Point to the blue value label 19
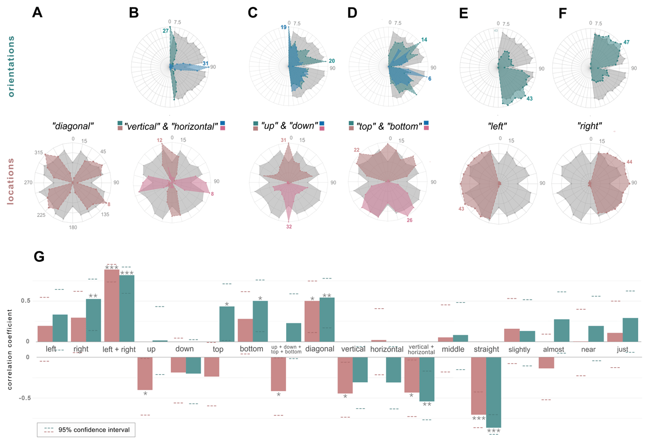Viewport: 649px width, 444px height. click(283, 27)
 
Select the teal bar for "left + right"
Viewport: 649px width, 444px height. click(127, 308)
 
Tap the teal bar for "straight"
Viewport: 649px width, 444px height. click(494, 392)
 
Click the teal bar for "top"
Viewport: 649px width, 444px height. click(227, 324)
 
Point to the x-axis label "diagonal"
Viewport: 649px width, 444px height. click(320, 349)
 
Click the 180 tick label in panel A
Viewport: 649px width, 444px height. click(73, 227)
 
